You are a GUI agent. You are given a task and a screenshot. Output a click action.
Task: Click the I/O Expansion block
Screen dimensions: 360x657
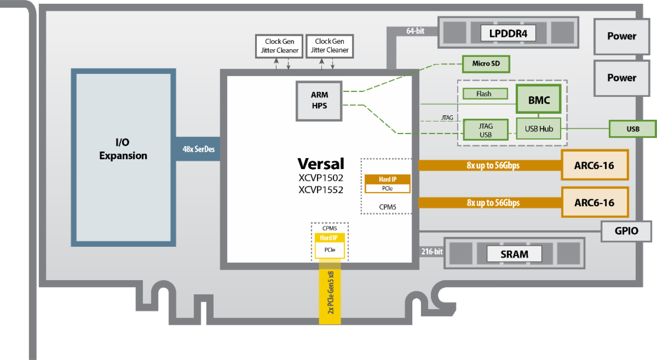click(123, 149)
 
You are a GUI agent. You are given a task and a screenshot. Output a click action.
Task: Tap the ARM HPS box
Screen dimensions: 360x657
click(319, 101)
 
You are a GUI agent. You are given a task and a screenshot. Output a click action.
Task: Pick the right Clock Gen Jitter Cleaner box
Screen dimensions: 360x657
click(330, 46)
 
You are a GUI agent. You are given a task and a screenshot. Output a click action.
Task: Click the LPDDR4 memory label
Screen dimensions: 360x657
click(508, 33)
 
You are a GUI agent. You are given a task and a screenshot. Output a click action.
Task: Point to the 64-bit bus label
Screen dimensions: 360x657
click(415, 31)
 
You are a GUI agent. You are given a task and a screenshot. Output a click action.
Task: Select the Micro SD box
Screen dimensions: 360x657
click(486, 63)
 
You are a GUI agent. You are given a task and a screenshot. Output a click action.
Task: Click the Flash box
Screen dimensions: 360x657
click(483, 94)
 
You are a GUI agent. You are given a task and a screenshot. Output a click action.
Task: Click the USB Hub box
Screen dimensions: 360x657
click(539, 129)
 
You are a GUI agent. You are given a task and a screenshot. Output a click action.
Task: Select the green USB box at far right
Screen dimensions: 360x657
click(632, 129)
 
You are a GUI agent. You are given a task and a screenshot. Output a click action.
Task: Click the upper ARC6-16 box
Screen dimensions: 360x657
click(594, 165)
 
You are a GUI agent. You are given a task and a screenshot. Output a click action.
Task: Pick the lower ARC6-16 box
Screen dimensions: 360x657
click(594, 202)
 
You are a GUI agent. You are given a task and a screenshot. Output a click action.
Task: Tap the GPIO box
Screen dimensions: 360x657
click(626, 231)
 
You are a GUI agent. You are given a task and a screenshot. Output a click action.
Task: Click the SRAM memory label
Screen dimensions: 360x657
click(514, 254)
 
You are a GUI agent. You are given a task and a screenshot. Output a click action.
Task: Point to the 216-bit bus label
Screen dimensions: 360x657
click(431, 252)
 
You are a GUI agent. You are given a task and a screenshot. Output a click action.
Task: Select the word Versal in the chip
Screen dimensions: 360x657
click(321, 164)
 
